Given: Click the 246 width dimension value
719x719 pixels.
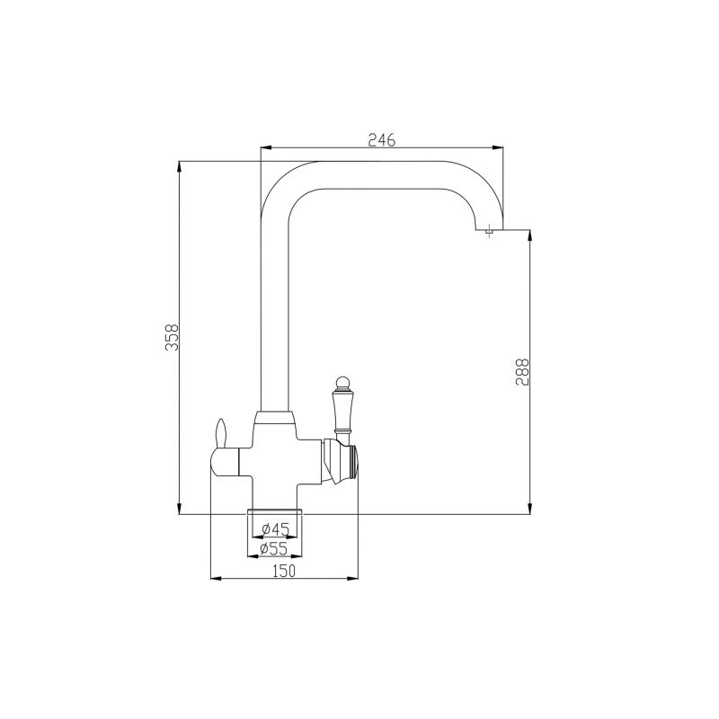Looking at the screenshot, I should (382, 139).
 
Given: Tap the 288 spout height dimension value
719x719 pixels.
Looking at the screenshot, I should (524, 372).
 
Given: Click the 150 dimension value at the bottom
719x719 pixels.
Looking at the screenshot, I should (283, 571).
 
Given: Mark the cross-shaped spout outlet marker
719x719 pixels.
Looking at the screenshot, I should (488, 233).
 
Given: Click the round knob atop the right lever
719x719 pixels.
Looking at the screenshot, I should (342, 385).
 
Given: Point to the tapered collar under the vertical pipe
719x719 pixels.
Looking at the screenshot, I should (275, 417).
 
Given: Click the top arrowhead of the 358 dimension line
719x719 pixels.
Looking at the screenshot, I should (181, 165).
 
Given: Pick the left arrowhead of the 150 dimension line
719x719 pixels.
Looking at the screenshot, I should (215, 579).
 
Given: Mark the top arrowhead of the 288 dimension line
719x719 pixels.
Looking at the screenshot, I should (531, 235).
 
